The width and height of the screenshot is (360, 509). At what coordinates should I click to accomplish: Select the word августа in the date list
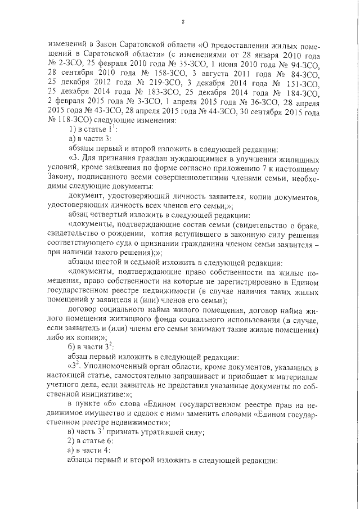(220, 74)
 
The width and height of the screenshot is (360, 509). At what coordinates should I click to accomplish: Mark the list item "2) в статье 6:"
(91, 440)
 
